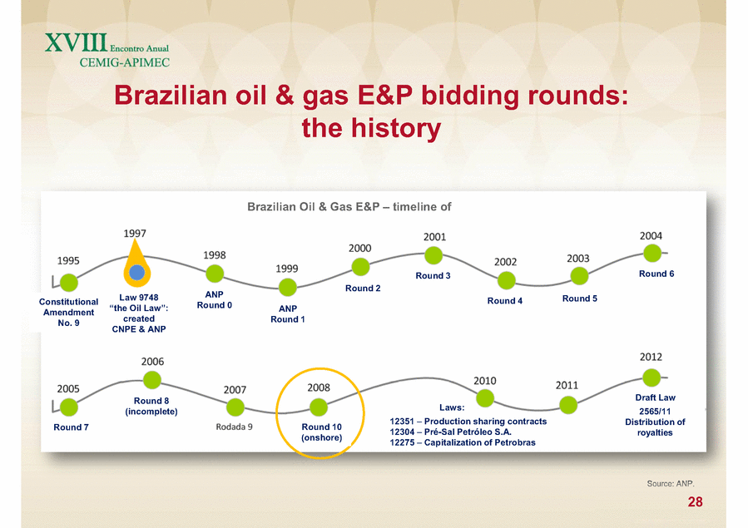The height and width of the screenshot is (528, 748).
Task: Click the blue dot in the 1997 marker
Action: tap(137, 273)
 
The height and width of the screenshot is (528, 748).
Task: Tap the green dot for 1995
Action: tap(69, 283)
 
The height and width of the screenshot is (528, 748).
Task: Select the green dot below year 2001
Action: tap(433, 255)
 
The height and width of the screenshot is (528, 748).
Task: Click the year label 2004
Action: tap(651, 236)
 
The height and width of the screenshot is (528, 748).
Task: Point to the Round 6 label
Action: tap(656, 274)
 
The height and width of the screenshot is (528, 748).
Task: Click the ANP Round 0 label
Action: tap(214, 299)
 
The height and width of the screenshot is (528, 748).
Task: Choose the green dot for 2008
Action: tap(319, 407)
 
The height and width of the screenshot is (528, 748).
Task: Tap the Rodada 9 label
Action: tap(234, 427)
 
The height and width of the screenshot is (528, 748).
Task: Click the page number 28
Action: tap(695, 501)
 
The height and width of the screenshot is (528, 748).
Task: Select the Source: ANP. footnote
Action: tap(671, 484)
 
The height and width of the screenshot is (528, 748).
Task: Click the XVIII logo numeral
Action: tap(77, 42)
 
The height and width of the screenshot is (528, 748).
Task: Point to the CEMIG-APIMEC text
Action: tap(125, 62)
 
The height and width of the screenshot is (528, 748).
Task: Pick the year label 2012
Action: tap(651, 357)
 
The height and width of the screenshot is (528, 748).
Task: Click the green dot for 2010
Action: tap(485, 398)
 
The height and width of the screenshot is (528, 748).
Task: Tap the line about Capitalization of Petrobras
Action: tap(463, 442)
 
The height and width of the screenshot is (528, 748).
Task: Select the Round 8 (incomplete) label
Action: tap(151, 406)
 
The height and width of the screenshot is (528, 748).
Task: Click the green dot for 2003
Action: tap(580, 276)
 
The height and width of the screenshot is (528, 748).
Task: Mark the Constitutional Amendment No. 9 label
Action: tap(69, 312)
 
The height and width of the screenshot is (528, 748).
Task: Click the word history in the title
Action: tap(396, 129)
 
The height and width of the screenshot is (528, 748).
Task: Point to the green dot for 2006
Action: tap(152, 380)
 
